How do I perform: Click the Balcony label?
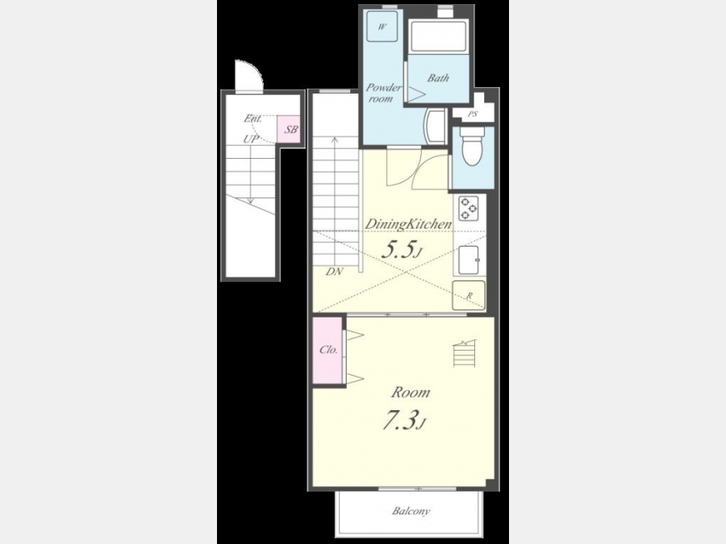(411, 511)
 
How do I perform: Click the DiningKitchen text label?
(408, 224)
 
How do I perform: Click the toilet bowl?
(472, 147)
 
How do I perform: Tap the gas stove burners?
(468, 209)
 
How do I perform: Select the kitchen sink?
(469, 260)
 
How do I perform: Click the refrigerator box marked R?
(469, 295)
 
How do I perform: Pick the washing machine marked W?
(382, 27)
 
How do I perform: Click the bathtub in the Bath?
(438, 36)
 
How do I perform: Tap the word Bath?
(438, 78)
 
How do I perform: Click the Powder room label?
(383, 93)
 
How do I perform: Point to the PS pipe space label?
(472, 114)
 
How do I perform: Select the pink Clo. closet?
(328, 351)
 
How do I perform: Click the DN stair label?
(334, 272)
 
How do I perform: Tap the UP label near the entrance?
(251, 139)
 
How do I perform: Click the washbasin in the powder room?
(434, 126)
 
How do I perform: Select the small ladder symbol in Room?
(464, 353)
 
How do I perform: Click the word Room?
(411, 392)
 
